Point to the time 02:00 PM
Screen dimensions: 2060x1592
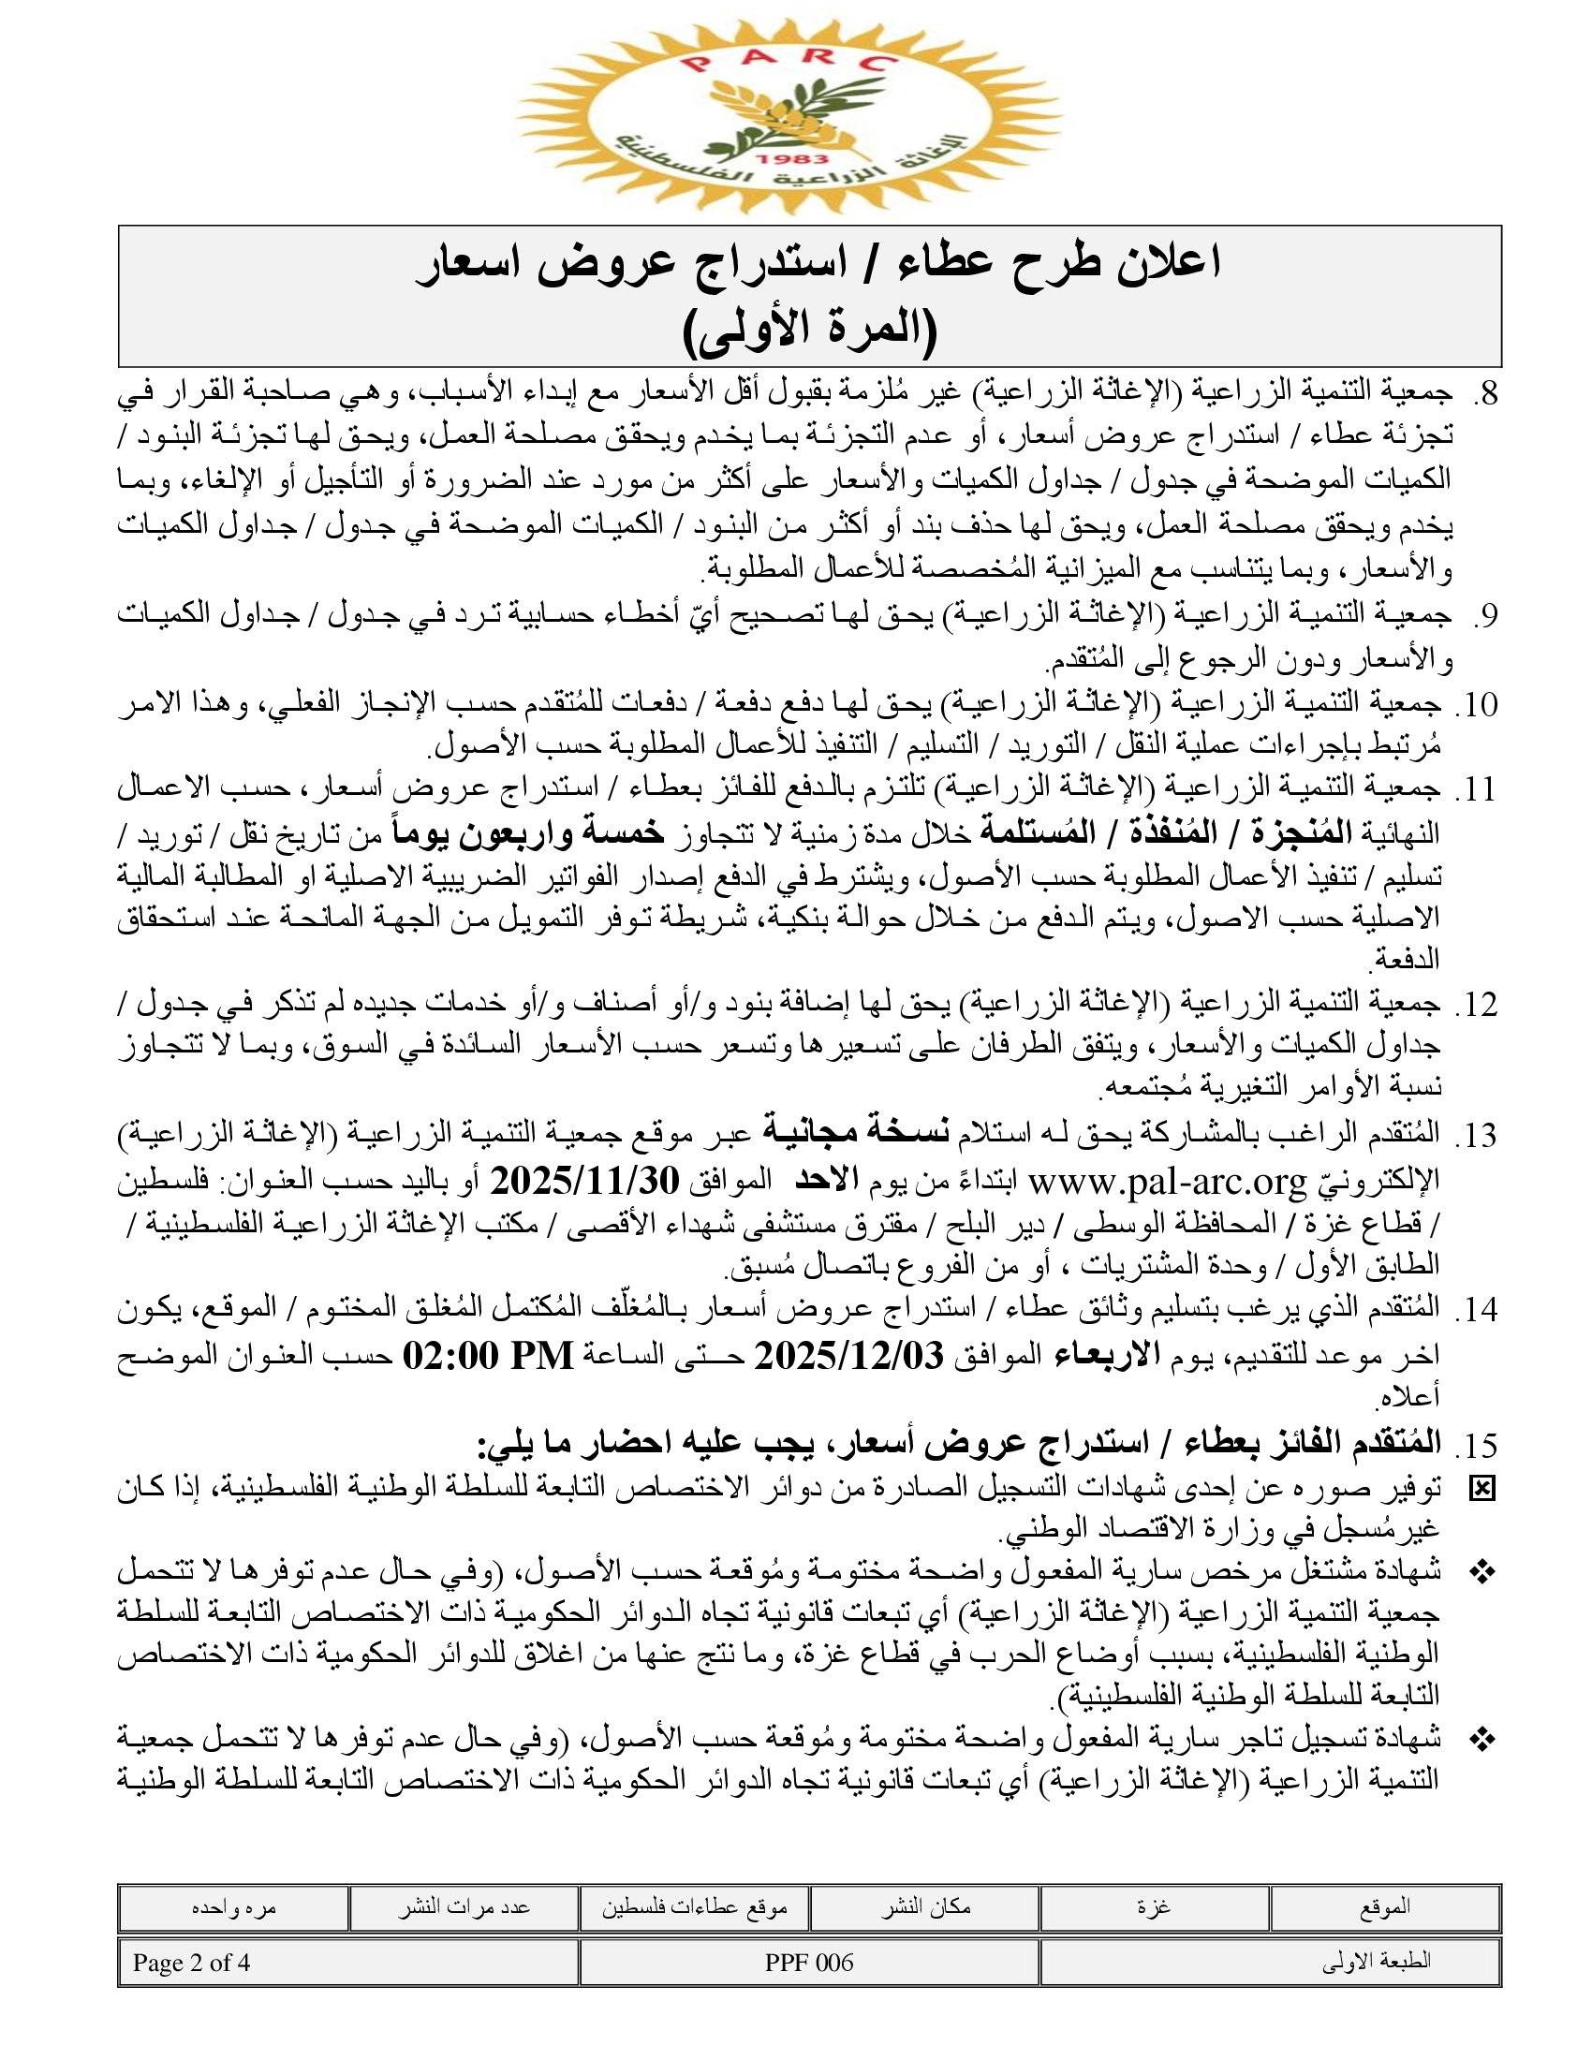[x=488, y=1356]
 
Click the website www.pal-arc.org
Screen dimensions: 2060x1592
[x=1167, y=1181]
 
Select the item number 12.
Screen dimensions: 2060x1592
[x=1477, y=1006]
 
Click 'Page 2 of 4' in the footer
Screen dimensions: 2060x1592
[x=191, y=1963]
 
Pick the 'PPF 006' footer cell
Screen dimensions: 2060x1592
[x=809, y=1963]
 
